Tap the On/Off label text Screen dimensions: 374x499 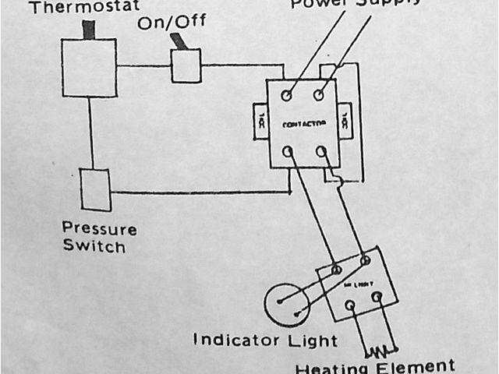[167, 23]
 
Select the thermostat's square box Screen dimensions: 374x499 [89, 69]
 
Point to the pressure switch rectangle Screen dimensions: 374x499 [96, 189]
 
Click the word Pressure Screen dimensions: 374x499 [99, 230]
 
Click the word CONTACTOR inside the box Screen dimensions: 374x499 [303, 124]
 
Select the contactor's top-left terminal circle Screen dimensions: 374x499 [286, 96]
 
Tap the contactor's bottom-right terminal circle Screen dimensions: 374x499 [320, 150]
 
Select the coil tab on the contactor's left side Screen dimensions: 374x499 [261, 122]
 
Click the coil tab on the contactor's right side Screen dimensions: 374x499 [345, 122]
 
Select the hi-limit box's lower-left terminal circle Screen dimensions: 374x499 [350, 305]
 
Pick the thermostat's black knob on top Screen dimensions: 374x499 [89, 30]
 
